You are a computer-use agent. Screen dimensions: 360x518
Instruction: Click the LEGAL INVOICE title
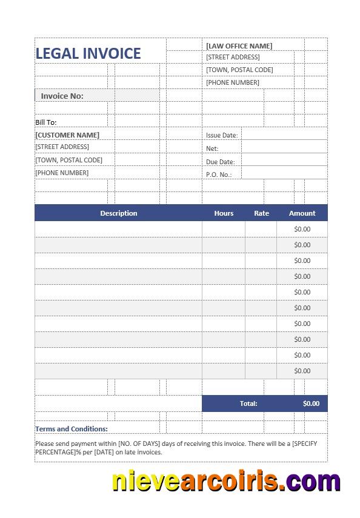(88, 53)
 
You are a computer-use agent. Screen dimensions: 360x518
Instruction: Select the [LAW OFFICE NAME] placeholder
(239, 46)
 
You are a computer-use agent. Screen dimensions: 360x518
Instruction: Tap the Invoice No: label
(62, 96)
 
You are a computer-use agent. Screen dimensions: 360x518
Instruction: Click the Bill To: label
(45, 122)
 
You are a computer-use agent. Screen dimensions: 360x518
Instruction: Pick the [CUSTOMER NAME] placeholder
(67, 135)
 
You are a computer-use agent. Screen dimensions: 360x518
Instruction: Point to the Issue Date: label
(222, 136)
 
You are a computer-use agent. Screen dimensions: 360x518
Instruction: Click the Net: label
(212, 148)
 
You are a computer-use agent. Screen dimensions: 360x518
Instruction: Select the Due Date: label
(220, 162)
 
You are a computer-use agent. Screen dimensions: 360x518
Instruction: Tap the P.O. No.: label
(219, 174)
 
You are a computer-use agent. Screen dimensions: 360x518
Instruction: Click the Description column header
(119, 213)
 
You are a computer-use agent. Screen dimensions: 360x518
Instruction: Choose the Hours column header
(224, 213)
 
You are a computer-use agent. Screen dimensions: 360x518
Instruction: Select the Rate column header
(261, 213)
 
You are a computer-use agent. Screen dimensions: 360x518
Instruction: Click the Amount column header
(302, 213)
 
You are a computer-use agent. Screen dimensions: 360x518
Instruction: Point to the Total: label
(248, 403)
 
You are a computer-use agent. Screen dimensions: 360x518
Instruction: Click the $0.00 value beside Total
(311, 403)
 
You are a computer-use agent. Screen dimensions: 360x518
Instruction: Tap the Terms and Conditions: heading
(72, 429)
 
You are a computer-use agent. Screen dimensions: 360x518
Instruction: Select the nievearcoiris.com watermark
(226, 482)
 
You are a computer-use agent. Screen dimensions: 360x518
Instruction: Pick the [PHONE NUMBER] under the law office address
(233, 82)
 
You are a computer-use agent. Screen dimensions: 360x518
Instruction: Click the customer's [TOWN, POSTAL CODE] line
(68, 160)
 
